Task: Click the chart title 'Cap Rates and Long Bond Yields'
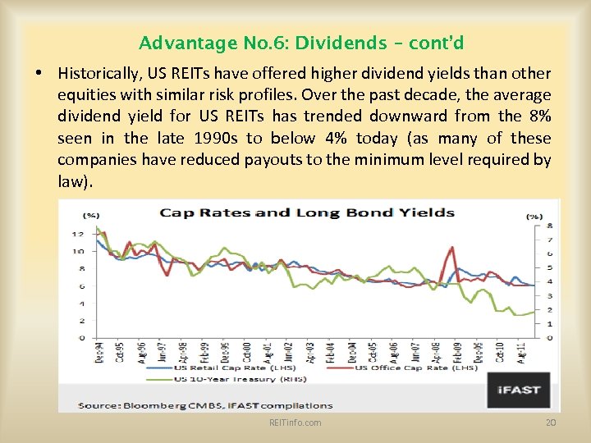tap(307, 212)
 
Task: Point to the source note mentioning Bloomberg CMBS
tap(205, 404)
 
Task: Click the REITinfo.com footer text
tap(295, 422)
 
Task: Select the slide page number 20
tap(551, 422)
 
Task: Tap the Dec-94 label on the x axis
tap(98, 353)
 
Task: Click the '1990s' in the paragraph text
tap(216, 138)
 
